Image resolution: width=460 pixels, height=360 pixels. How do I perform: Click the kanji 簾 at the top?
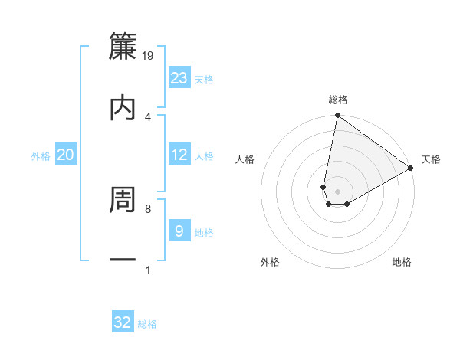123,46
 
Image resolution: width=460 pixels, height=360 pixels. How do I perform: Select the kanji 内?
123,107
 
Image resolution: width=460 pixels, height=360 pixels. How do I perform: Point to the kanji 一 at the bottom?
123,260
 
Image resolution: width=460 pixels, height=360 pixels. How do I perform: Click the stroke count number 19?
149,56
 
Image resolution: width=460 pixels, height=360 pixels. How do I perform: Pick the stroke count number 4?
148,117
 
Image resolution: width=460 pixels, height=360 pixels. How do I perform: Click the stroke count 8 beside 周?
148,208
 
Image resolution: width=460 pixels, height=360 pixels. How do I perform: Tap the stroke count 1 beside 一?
148,270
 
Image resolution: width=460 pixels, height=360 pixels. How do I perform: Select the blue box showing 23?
179,78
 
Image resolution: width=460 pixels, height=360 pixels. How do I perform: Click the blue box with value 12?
179,155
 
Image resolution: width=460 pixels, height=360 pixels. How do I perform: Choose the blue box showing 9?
179,231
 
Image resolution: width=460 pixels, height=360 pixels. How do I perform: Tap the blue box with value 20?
66,155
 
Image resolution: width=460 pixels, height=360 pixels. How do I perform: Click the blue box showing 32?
123,322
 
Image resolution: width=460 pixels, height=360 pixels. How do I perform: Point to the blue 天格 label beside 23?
204,79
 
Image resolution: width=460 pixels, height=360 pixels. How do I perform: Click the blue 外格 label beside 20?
41,156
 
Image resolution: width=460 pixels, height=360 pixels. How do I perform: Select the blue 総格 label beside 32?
147,324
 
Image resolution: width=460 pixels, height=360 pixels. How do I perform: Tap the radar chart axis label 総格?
338,100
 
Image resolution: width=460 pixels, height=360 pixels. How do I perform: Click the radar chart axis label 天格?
431,159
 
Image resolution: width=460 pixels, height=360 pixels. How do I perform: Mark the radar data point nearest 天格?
411,169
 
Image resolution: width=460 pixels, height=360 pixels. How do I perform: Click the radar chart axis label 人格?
245,159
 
